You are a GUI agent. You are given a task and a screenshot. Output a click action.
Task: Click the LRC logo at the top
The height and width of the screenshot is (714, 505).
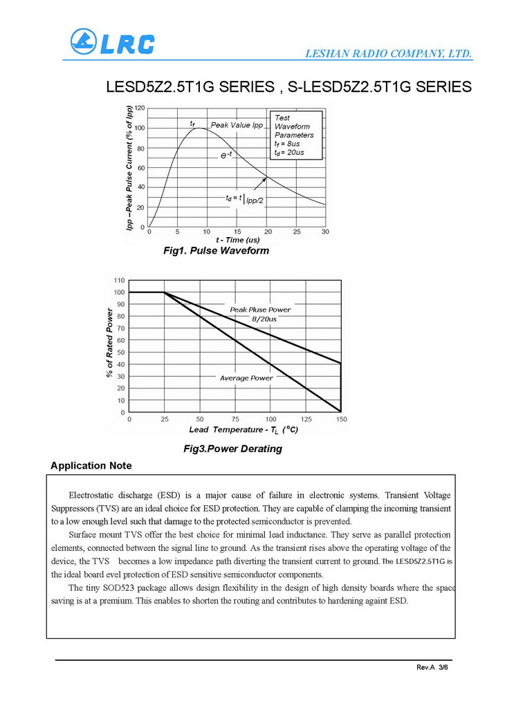pyautogui.click(x=112, y=42)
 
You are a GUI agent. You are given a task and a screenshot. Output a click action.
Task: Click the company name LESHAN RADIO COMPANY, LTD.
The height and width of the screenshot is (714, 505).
pyautogui.click(x=389, y=53)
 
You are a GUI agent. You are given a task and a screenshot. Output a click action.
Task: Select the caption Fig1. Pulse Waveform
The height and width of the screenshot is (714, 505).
pyautogui.click(x=216, y=250)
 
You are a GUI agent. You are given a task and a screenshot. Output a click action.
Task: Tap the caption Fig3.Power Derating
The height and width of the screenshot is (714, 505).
pyautogui.click(x=233, y=449)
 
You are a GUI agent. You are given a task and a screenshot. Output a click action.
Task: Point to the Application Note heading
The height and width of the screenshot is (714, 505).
pyautogui.click(x=91, y=466)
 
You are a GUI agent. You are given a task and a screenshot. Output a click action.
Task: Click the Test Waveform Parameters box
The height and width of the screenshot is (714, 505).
pyautogui.click(x=297, y=135)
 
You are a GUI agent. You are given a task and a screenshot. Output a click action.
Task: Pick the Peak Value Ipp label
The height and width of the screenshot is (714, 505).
pyautogui.click(x=237, y=125)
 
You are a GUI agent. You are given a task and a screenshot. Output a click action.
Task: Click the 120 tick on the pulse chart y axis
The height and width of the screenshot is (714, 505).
pyautogui.click(x=140, y=109)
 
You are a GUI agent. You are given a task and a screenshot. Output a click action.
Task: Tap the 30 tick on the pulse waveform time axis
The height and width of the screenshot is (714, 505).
pyautogui.click(x=325, y=232)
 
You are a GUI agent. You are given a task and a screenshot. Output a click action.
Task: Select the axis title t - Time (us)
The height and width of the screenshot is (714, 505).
pyautogui.click(x=237, y=240)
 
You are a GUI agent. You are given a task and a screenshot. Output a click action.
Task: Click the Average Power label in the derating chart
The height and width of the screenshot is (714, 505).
pyautogui.click(x=246, y=378)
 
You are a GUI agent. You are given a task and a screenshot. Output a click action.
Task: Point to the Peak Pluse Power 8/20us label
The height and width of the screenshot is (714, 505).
pyautogui.click(x=261, y=314)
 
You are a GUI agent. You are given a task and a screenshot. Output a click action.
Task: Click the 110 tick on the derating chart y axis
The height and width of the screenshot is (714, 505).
pyautogui.click(x=119, y=281)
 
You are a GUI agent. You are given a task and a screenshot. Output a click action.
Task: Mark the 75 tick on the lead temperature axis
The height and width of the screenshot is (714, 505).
pyautogui.click(x=235, y=419)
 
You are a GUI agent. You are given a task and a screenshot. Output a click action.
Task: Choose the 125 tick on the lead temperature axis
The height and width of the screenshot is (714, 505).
pyautogui.click(x=306, y=419)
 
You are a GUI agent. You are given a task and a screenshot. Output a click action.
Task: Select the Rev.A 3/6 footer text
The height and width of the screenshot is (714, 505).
pyautogui.click(x=432, y=668)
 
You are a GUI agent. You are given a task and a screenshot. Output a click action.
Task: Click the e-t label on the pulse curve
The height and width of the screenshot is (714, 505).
pyautogui.click(x=226, y=155)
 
